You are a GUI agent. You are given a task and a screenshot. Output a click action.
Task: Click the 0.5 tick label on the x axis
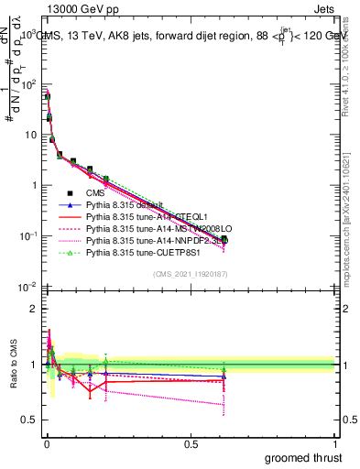pos(190,443)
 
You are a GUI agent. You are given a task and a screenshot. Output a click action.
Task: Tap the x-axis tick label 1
pos(335,443)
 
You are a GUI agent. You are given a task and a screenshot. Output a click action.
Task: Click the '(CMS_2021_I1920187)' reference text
pos(189,272)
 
